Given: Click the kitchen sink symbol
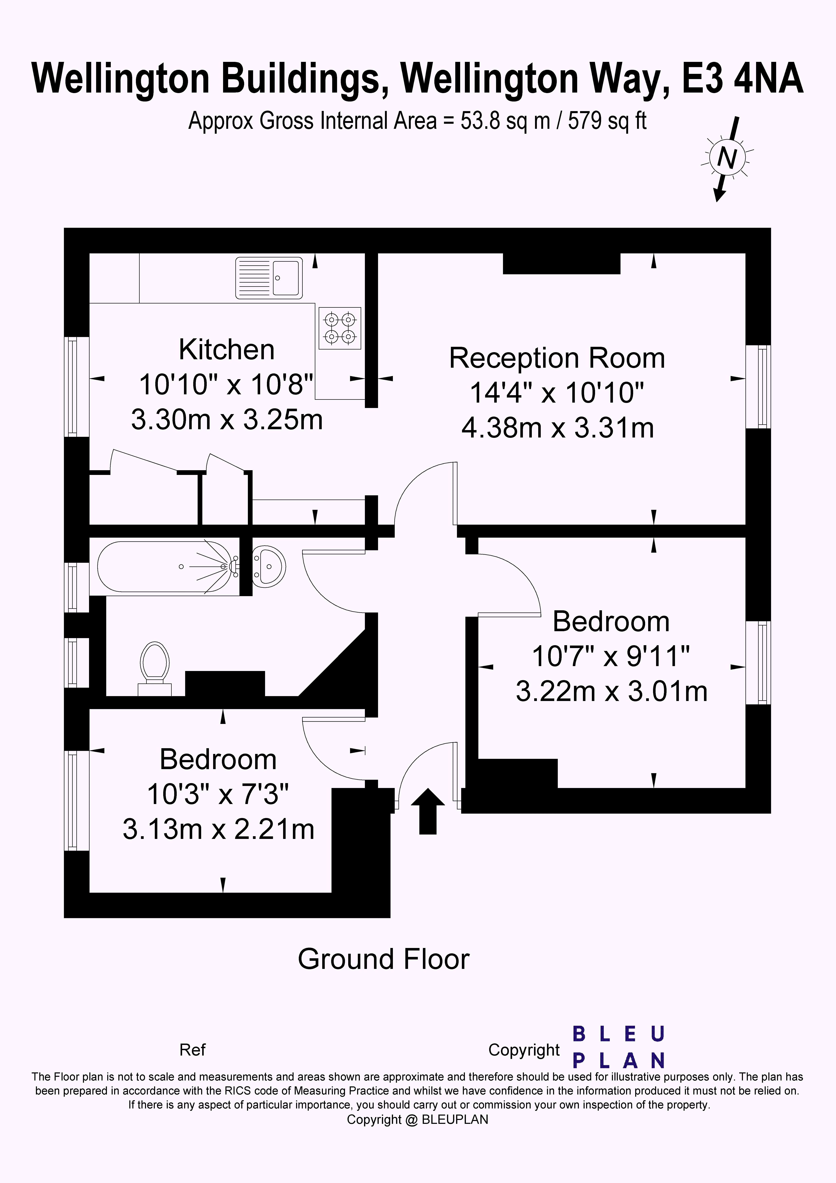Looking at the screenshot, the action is [x=269, y=278].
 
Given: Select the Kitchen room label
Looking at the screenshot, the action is [x=227, y=350].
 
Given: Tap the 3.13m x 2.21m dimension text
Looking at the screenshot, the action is [x=219, y=829].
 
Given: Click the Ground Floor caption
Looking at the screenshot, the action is [x=383, y=959].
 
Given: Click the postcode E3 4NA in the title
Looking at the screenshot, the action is [x=743, y=79].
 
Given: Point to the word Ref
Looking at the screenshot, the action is [x=192, y=1050].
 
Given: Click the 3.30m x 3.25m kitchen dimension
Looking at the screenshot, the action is [x=227, y=419].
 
